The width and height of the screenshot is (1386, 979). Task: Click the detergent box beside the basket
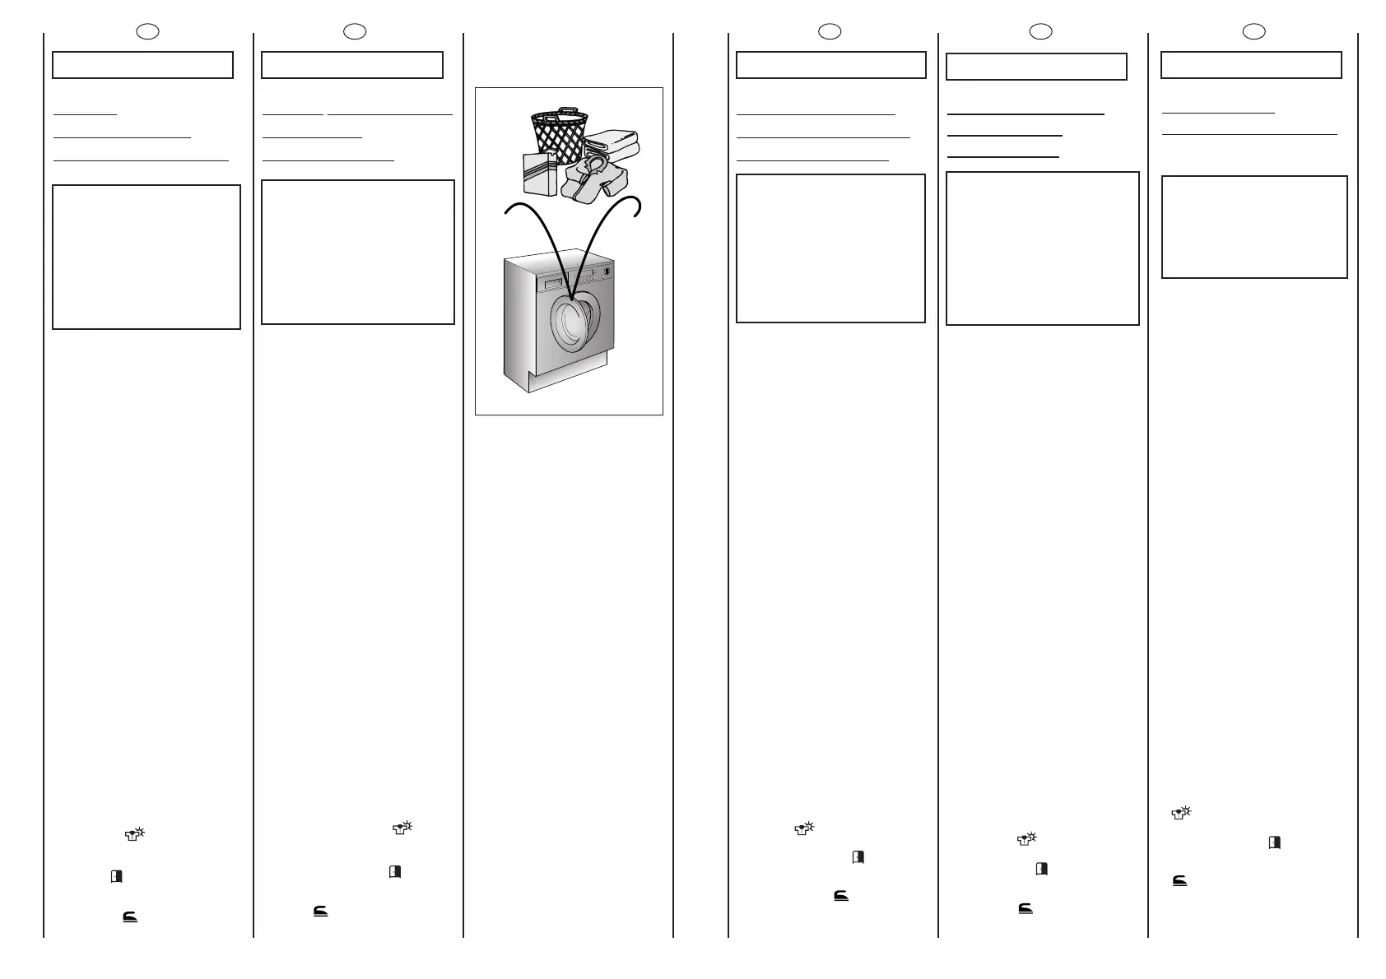(x=540, y=174)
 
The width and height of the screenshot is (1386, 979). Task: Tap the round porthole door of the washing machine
(x=570, y=323)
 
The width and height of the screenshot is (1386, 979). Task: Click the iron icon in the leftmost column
(x=130, y=916)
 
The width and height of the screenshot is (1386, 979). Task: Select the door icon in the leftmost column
(x=116, y=877)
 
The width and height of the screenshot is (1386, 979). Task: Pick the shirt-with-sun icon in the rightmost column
(x=1181, y=813)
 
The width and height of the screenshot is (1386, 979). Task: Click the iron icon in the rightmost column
(x=1179, y=881)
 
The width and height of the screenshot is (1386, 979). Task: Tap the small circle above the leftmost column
(x=147, y=32)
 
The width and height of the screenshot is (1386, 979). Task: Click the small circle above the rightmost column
(x=1253, y=32)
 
